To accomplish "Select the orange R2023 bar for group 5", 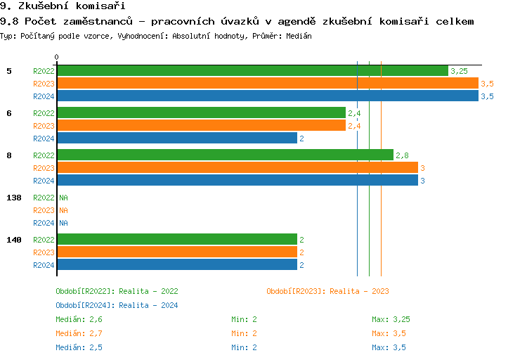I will pyautogui.click(x=267, y=84).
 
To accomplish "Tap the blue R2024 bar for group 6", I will pyautogui.click(x=176, y=139).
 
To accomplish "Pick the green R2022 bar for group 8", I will pyautogui.click(x=225, y=155).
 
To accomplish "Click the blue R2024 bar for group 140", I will pyautogui.click(x=176, y=265).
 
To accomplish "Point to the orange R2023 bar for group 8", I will pyautogui.click(x=237, y=168).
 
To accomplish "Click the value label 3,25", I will pyautogui.click(x=459, y=71).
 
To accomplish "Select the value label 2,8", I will pyautogui.click(x=402, y=155).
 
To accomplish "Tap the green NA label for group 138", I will pyautogui.click(x=63, y=198).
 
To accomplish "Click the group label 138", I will pyautogui.click(x=14, y=198).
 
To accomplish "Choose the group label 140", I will pyautogui.click(x=14, y=240).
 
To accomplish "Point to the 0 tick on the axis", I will pyautogui.click(x=57, y=57).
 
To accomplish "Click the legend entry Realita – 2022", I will pyautogui.click(x=117, y=291).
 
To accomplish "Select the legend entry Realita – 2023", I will pyautogui.click(x=327, y=291).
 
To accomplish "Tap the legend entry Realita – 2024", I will pyautogui.click(x=117, y=305).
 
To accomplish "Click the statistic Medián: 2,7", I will pyautogui.click(x=79, y=333).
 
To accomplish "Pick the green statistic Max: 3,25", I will pyautogui.click(x=391, y=319).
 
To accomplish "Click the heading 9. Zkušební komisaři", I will pyautogui.click(x=58, y=6).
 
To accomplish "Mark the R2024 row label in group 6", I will pyautogui.click(x=44, y=139).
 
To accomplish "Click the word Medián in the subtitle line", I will pyautogui.click(x=299, y=35).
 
